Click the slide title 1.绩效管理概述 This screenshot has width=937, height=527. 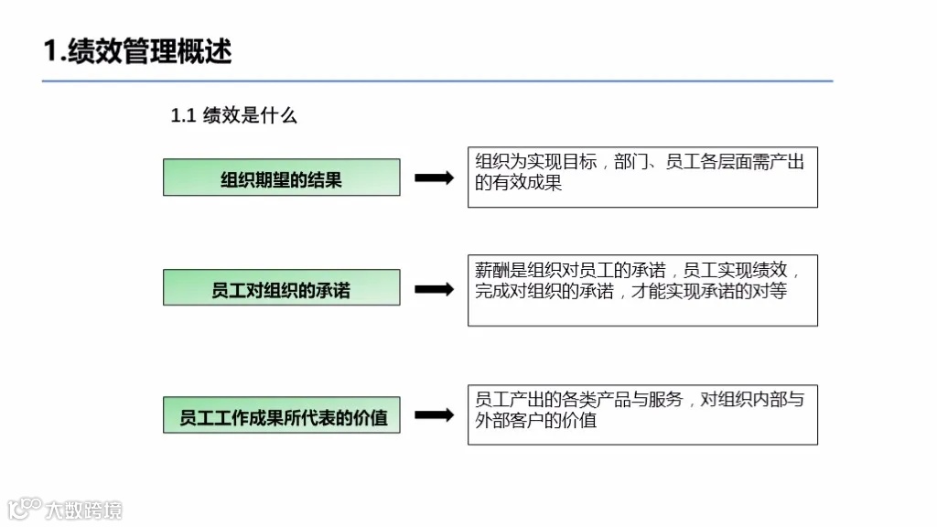click(137, 50)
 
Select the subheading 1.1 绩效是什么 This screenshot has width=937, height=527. click(234, 116)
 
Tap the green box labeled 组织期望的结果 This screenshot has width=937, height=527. click(281, 177)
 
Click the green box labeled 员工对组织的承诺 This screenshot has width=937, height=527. click(281, 288)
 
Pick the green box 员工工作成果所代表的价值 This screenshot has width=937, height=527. click(281, 415)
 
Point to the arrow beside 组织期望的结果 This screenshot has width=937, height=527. click(434, 178)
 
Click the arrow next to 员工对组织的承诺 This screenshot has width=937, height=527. click(434, 289)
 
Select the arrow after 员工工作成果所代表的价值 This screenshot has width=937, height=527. click(434, 415)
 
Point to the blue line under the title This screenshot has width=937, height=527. click(437, 81)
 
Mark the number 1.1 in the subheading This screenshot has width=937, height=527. click(184, 116)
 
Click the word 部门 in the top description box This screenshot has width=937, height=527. click(631, 162)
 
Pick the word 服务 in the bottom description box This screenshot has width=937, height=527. click(666, 400)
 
